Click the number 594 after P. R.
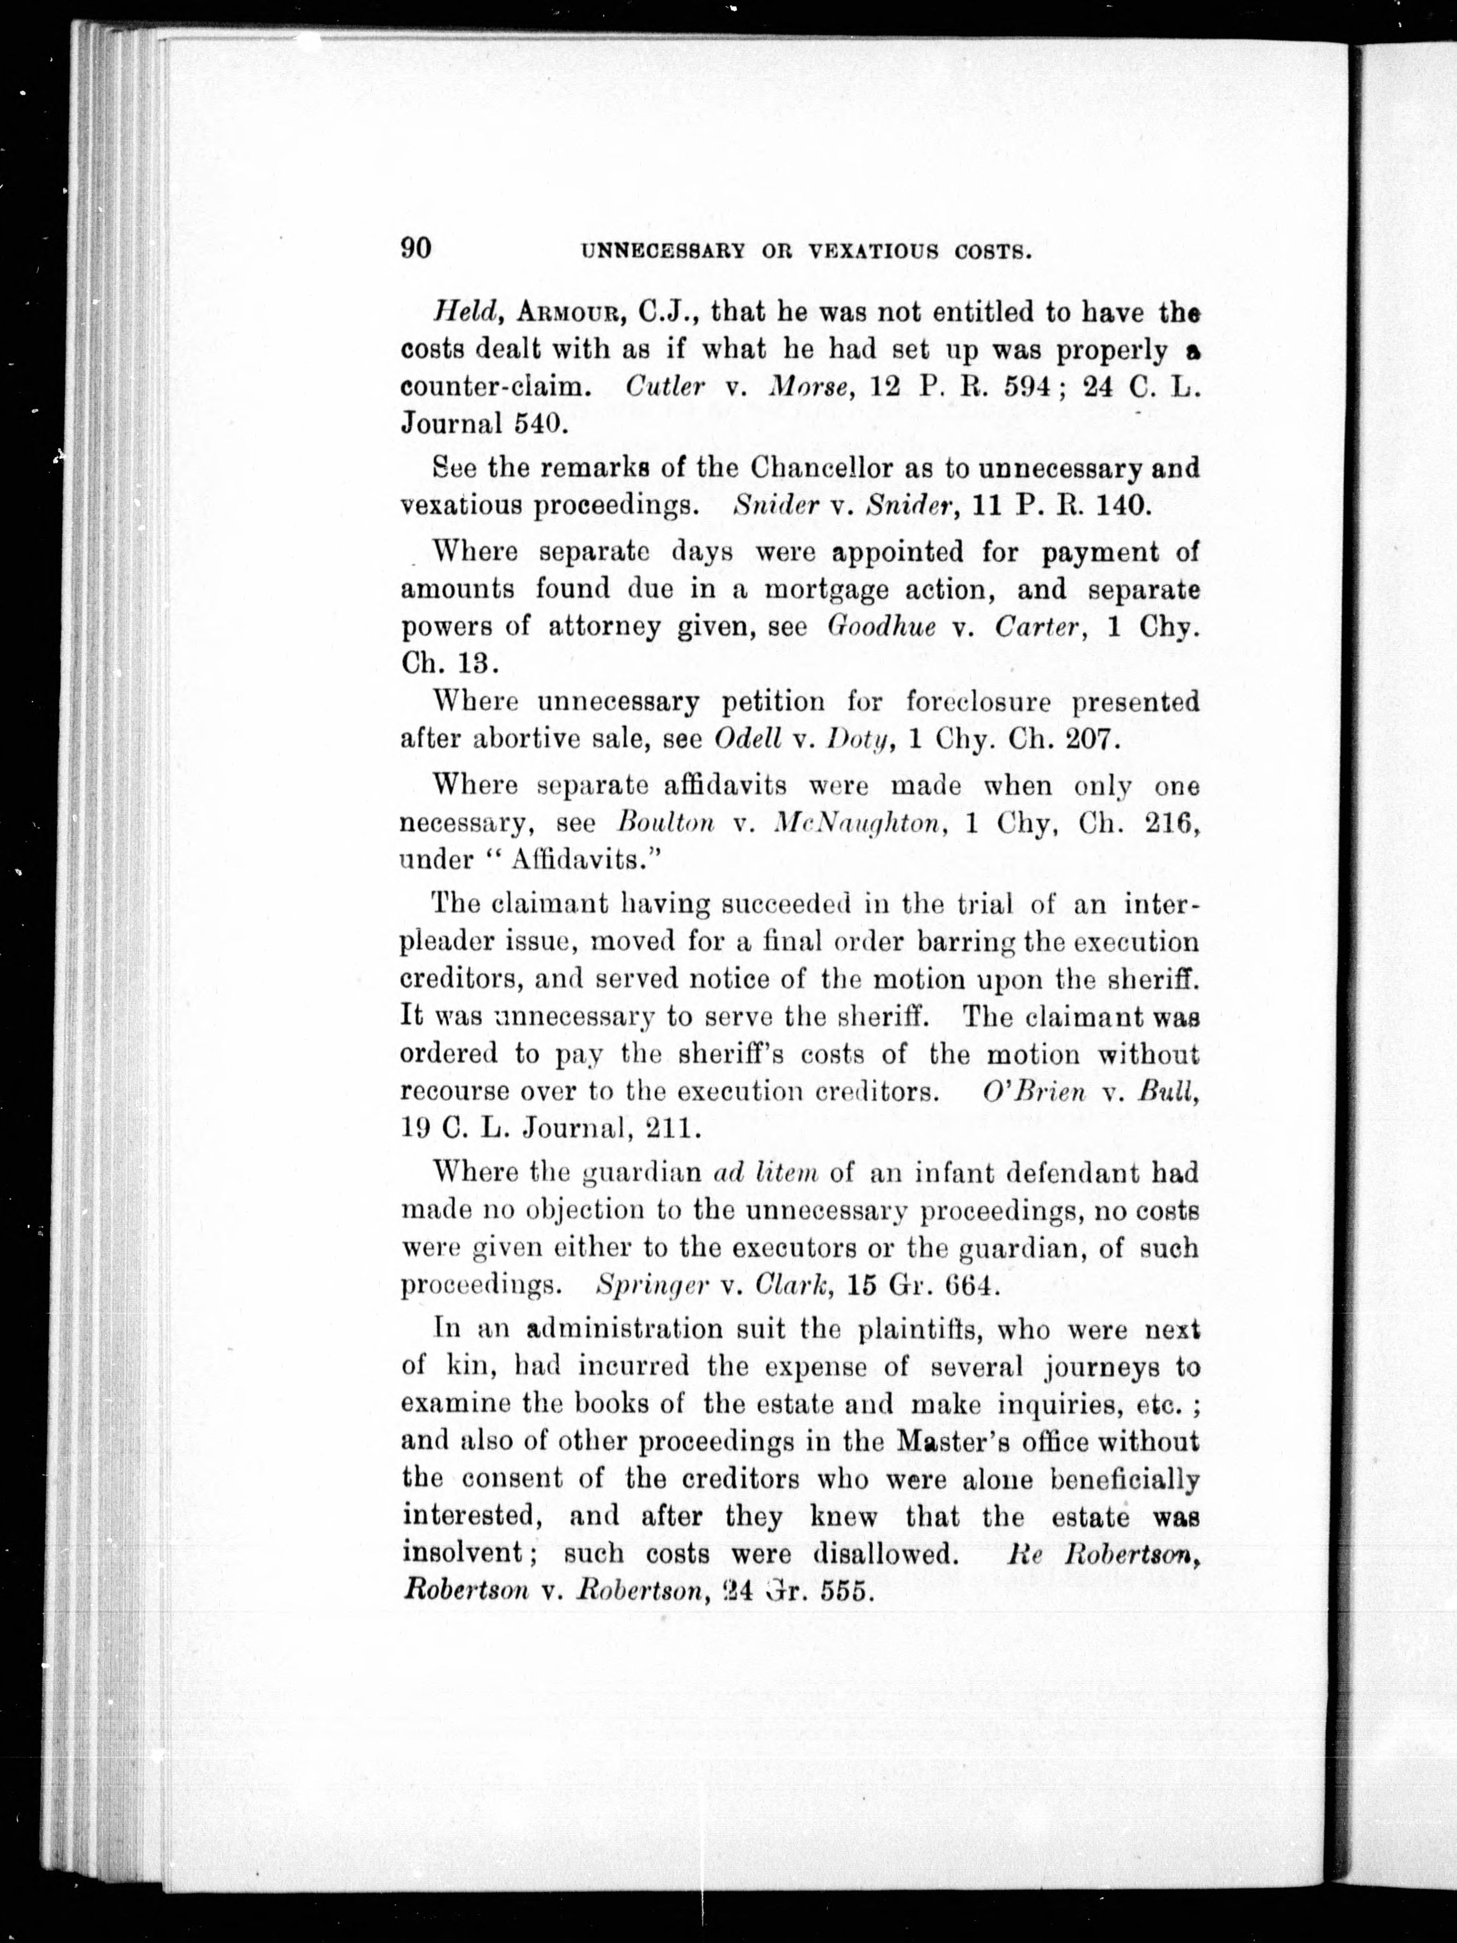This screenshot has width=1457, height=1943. coord(1027,387)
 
